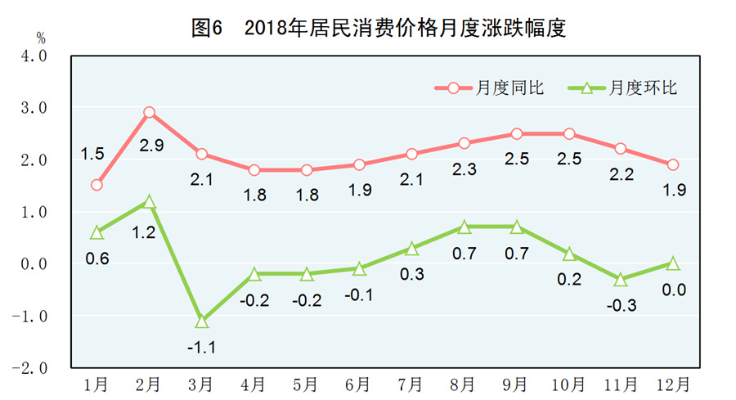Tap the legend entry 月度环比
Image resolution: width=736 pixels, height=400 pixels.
[x=642, y=88]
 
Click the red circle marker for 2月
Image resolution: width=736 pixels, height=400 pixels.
[x=149, y=113]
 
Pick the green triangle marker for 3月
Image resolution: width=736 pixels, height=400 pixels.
[x=201, y=321]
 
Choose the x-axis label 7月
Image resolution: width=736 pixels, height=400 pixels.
[x=411, y=383]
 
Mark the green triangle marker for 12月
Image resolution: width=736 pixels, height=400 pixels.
[x=672, y=263]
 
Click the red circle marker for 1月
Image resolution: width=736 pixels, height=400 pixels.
[x=96, y=185]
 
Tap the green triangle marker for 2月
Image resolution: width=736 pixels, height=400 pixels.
[x=149, y=201]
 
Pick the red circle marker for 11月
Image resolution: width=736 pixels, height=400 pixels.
[x=620, y=149]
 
